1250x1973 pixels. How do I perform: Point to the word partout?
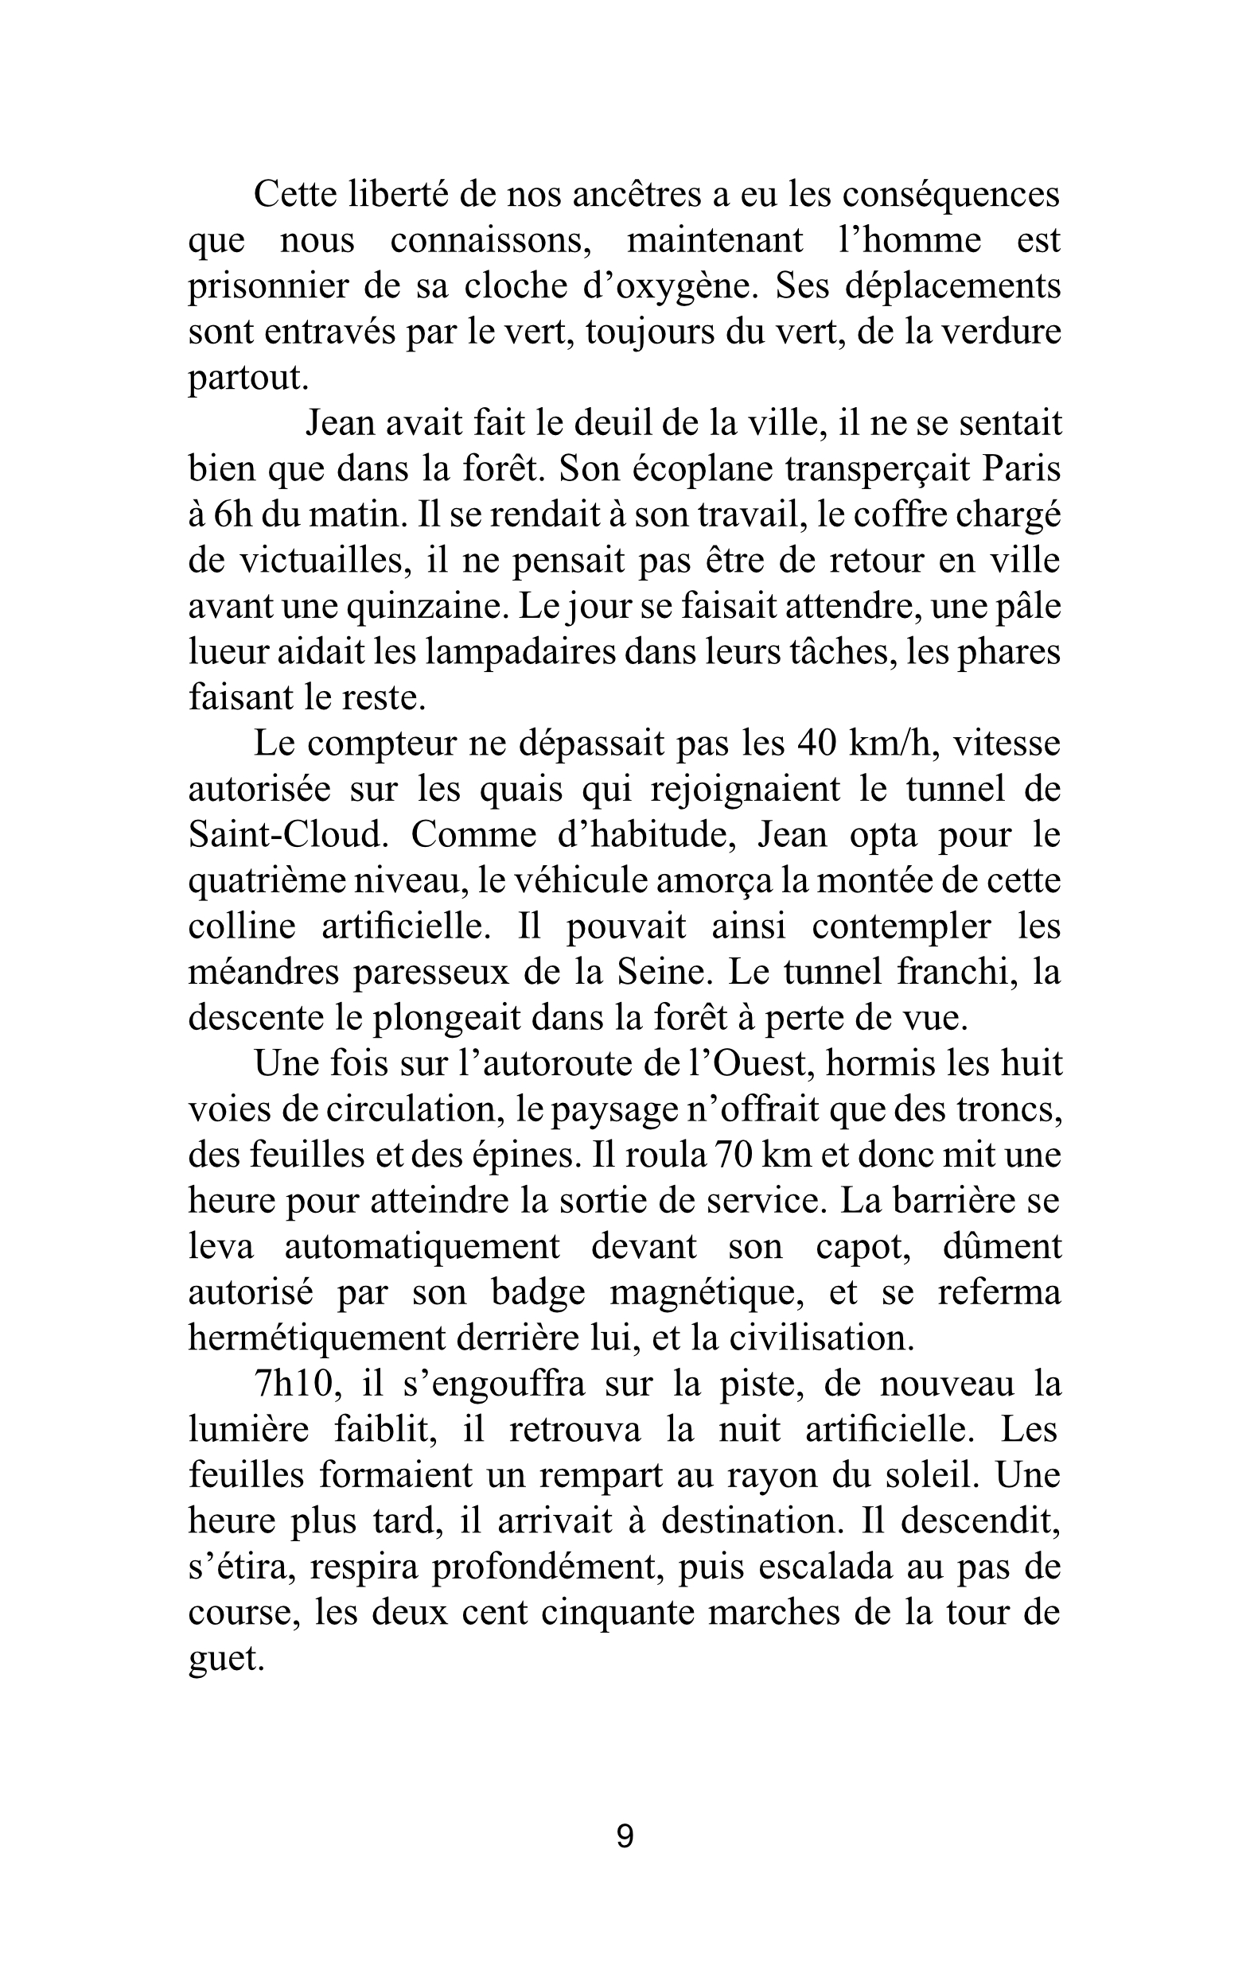tap(247, 378)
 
